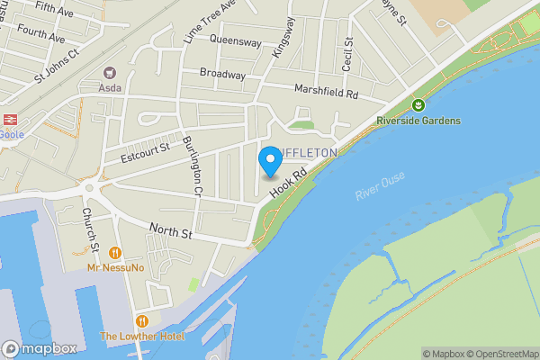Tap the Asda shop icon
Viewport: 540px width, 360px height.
tap(111, 72)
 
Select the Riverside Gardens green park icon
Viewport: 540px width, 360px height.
tap(417, 105)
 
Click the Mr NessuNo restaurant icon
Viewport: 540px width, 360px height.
tap(115, 253)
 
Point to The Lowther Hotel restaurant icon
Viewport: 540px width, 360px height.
tap(141, 320)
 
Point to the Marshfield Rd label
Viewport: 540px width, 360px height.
tap(326, 92)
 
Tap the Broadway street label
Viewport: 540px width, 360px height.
tap(221, 74)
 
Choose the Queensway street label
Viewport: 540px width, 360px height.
tap(235, 40)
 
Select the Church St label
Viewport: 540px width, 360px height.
tap(90, 229)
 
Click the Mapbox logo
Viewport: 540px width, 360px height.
tap(40, 349)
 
